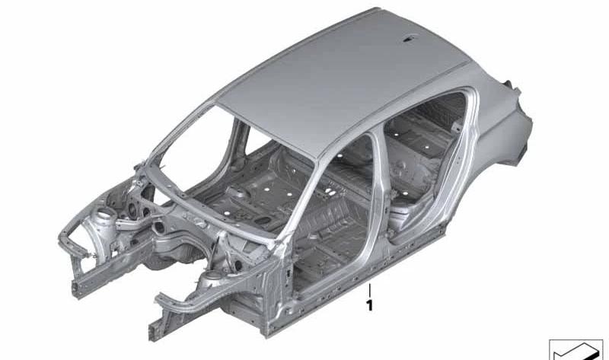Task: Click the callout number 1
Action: point(369,306)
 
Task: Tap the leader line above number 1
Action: point(369,291)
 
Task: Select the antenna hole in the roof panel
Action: point(409,39)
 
